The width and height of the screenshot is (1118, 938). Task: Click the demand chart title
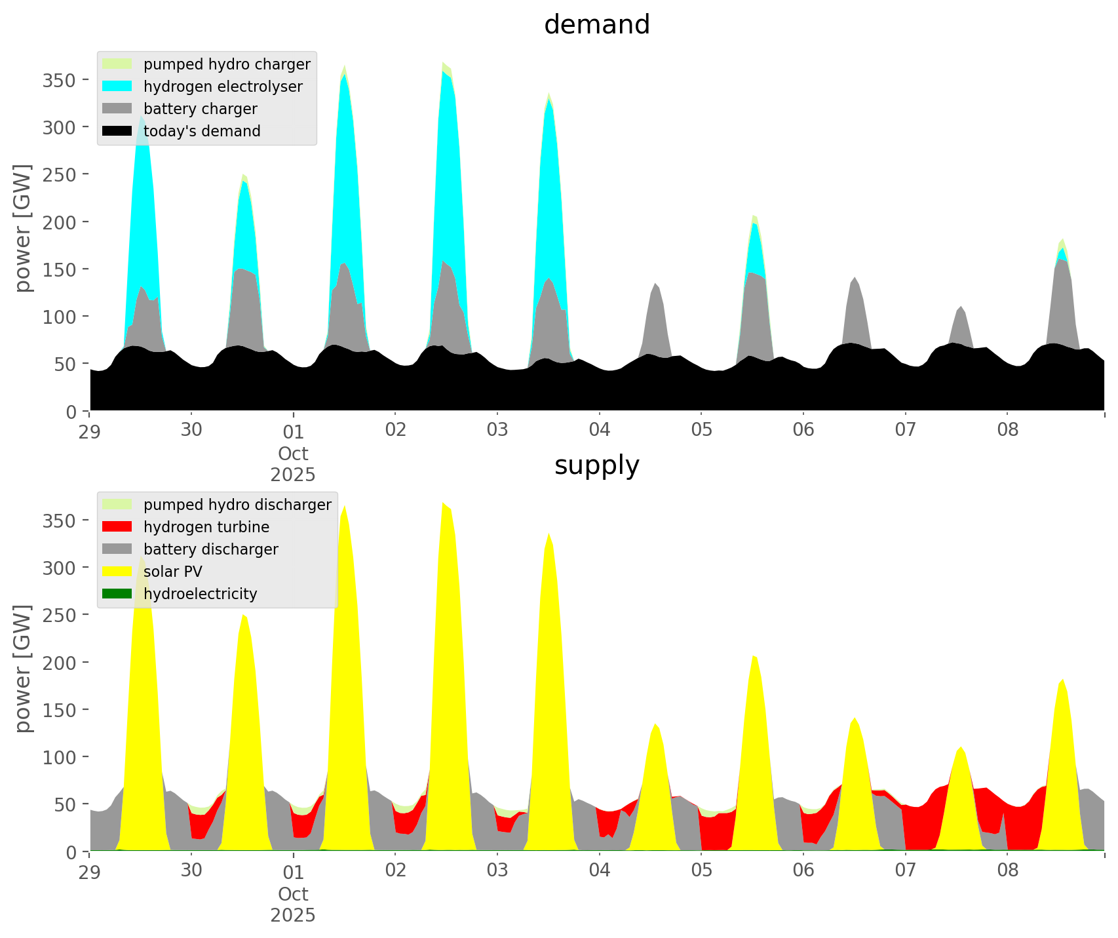(596, 25)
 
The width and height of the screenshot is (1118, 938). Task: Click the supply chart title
(596, 465)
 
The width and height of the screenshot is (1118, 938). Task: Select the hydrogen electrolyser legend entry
(223, 87)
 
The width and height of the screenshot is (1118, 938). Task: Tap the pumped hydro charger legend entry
(227, 64)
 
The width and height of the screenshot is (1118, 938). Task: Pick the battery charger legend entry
(200, 109)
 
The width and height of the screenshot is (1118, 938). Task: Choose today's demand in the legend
(202, 131)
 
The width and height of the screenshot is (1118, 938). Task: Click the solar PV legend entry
(173, 572)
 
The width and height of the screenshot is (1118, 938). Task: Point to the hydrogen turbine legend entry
(206, 527)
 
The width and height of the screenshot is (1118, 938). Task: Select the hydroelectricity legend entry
(200, 594)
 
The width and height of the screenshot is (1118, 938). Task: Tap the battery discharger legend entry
(210, 549)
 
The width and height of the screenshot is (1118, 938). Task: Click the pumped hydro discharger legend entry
(237, 505)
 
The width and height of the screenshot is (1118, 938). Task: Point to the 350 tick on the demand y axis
(60, 80)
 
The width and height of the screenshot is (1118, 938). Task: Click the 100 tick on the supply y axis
(60, 757)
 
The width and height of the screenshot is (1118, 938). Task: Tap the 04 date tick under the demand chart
(599, 430)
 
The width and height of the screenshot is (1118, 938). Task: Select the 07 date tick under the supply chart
(905, 870)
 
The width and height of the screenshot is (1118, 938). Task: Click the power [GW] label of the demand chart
(23, 228)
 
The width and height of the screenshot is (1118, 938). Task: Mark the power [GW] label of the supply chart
(23, 669)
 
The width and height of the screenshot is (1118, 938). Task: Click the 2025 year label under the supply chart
(293, 915)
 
